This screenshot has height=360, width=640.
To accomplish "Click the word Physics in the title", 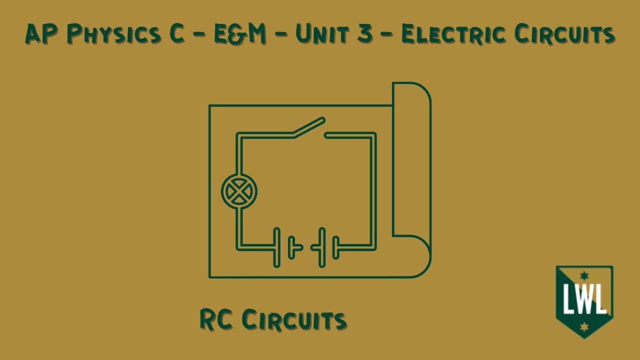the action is click(x=114, y=34).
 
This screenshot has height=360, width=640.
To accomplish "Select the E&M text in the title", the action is click(x=240, y=33).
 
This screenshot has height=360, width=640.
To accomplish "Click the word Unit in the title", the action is click(x=322, y=33).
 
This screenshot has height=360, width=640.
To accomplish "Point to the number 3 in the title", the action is click(x=365, y=33).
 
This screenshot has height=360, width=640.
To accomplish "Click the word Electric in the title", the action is click(x=453, y=33).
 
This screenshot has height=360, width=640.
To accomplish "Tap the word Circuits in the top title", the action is click(x=564, y=33).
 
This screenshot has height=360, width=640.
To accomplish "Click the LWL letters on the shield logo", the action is click(x=584, y=298).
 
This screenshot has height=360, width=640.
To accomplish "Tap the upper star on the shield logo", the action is click(x=584, y=276).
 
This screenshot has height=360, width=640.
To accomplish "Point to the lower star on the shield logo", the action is click(x=584, y=327).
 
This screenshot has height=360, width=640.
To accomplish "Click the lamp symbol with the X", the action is click(x=239, y=191).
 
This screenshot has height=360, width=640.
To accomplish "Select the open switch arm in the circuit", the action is click(x=309, y=127).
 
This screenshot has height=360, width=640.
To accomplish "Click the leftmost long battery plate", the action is click(x=276, y=247).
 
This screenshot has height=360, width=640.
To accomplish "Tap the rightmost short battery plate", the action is click(x=336, y=247).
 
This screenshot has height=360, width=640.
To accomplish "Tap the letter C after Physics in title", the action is click(x=175, y=33).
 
